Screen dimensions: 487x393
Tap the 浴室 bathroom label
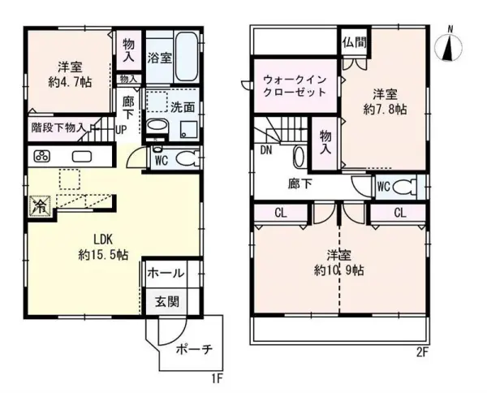coord(159,58)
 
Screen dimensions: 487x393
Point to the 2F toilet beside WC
coord(404,187)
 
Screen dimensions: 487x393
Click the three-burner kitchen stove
coord(42,156)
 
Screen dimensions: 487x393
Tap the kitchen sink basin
coord(82,156)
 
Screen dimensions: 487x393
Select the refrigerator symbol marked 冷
coord(40,205)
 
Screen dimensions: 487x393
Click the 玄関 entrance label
coord(167,301)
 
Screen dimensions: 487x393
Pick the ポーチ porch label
coord(194,349)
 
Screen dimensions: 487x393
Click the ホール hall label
coord(166,274)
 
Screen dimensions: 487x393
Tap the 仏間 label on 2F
coord(355,42)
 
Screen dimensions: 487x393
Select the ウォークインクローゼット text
coord(295,86)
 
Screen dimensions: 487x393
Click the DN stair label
coord(266,150)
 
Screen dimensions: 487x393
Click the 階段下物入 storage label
coord(58,127)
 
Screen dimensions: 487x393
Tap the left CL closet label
coord(281,213)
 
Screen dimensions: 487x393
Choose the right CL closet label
coord(400,213)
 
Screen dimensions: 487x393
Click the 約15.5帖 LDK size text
coord(103,255)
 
